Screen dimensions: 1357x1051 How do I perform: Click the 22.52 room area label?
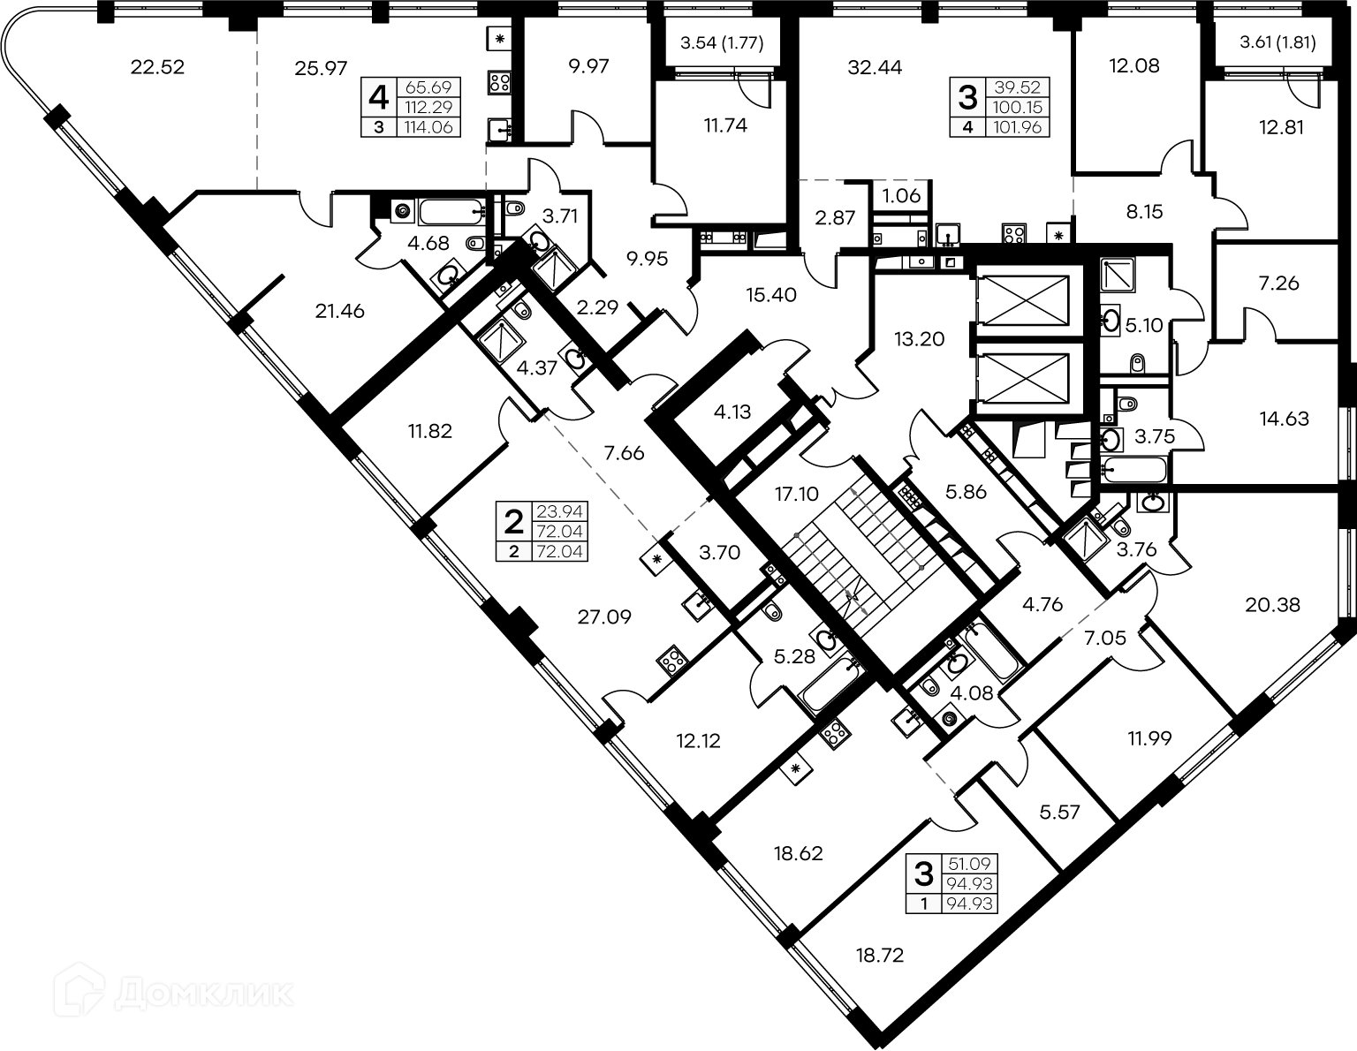tap(157, 67)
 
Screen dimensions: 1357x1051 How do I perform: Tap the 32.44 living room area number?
tap(875, 67)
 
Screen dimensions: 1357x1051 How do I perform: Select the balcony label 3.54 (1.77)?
tap(722, 43)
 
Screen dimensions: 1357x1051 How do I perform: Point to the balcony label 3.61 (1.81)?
tap(1277, 42)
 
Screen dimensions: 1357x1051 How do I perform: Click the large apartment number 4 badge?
tap(378, 97)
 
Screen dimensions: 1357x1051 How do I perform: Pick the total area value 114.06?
tap(428, 128)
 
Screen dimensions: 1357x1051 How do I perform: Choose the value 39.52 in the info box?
tap(1017, 87)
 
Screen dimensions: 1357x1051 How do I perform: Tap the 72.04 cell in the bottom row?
tap(559, 552)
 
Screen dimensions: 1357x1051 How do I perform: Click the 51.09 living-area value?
tap(969, 864)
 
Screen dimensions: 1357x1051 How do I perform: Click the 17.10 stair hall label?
tap(796, 495)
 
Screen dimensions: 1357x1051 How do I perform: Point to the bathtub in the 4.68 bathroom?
tap(451, 212)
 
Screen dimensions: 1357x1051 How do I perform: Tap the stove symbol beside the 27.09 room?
tap(671, 660)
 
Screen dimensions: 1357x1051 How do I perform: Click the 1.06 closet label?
tap(901, 196)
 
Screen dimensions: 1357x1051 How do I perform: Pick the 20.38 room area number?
tap(1273, 605)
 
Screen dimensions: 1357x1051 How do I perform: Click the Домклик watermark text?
tap(203, 994)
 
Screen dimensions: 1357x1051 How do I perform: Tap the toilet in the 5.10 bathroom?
tap(1137, 363)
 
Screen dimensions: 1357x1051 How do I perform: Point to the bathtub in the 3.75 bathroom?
tap(1134, 470)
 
